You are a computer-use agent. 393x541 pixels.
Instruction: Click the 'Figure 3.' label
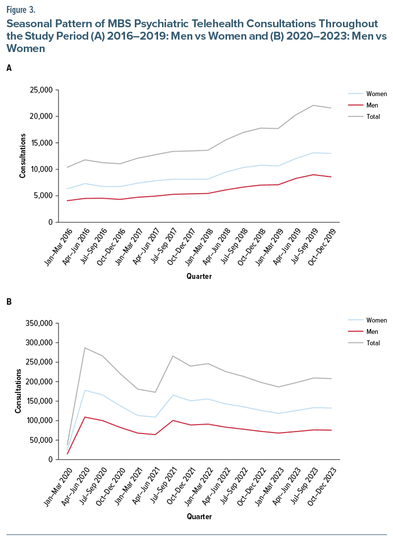20,8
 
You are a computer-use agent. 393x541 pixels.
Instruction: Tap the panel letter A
9,69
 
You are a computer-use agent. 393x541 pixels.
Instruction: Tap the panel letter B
9,301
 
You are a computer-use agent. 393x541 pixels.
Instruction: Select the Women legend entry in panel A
376,94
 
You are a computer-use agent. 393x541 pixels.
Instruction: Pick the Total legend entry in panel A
373,117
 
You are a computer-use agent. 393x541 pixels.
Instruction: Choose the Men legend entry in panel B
372,331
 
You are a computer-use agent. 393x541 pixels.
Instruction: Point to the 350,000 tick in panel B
39,324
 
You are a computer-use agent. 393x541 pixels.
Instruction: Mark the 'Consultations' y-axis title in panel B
18,391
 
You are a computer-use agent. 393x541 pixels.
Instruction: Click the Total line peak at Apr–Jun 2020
85,348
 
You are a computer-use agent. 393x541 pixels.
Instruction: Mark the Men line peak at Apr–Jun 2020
85,417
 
